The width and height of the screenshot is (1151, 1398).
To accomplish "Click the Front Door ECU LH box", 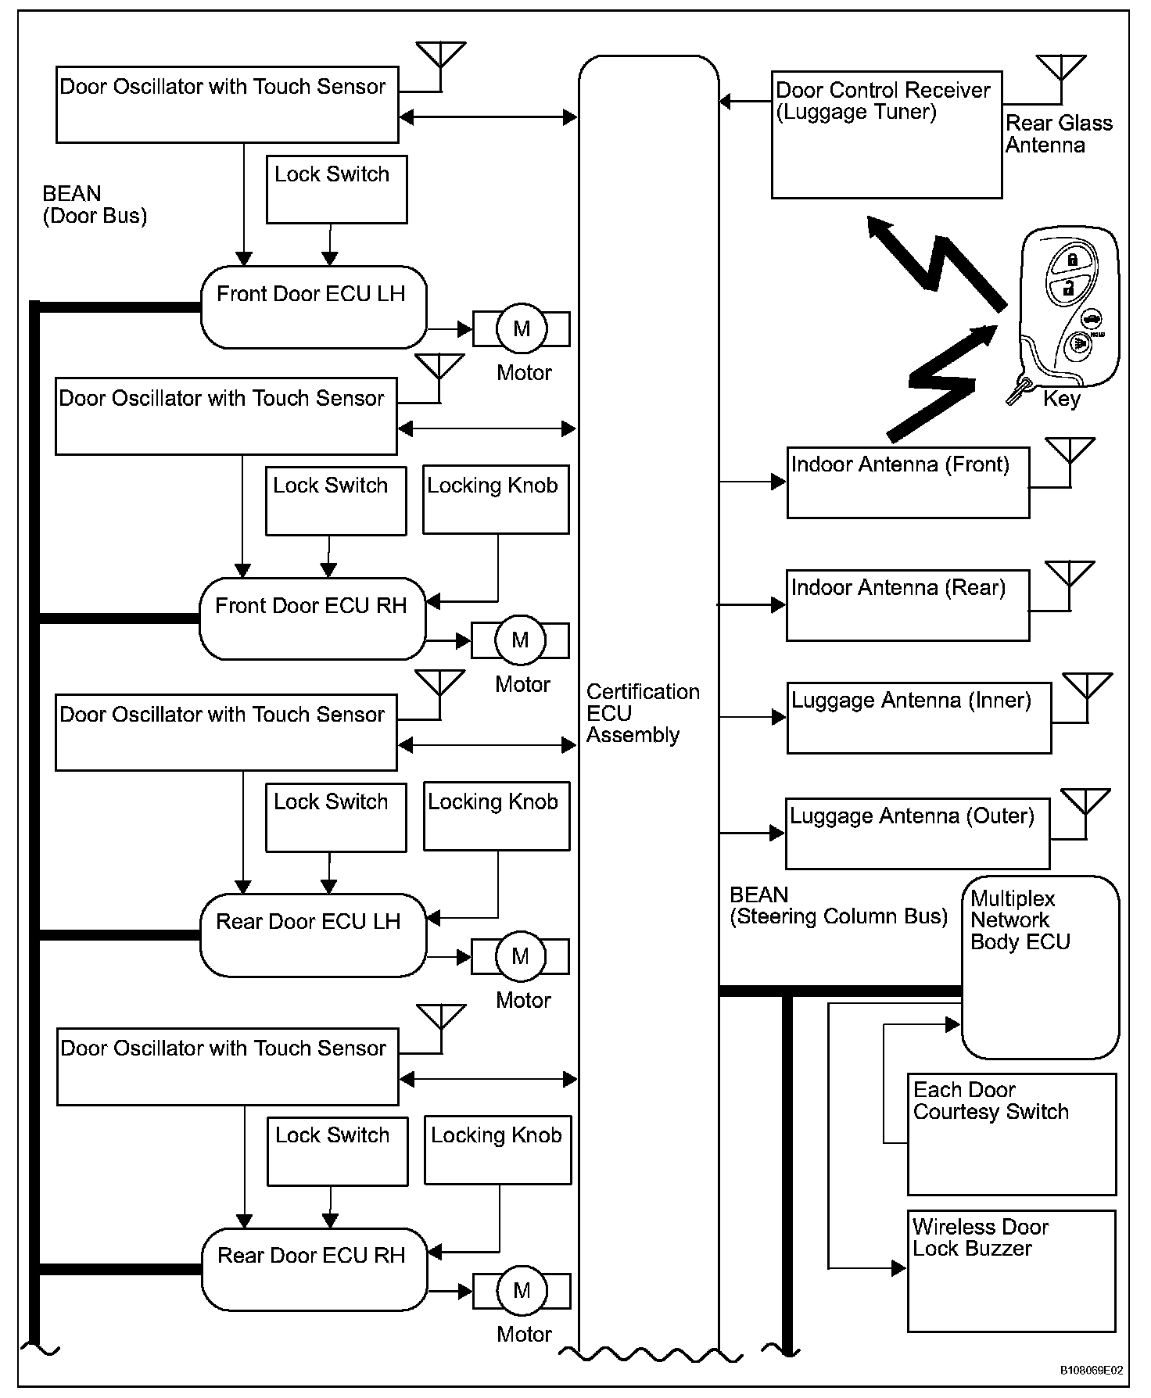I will pyautogui.click(x=314, y=307).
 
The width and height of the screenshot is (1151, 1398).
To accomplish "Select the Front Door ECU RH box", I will pyautogui.click(x=312, y=619).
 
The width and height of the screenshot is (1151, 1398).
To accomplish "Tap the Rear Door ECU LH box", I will pyautogui.click(x=313, y=935).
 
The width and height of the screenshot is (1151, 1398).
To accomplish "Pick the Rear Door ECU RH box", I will pyautogui.click(x=314, y=1269).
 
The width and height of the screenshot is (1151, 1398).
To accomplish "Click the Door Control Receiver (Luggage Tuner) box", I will pyautogui.click(x=886, y=135).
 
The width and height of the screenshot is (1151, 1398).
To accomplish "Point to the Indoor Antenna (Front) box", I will pyautogui.click(x=907, y=482).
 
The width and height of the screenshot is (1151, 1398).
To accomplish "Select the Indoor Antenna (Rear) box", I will pyautogui.click(x=907, y=605).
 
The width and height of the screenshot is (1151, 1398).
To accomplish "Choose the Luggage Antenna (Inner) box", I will pyautogui.click(x=918, y=718).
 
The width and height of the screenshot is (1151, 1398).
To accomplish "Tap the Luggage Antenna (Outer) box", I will pyautogui.click(x=916, y=833).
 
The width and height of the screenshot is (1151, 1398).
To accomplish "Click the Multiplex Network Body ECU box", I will pyautogui.click(x=1039, y=967).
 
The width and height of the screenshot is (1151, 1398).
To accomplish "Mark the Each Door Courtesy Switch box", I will pyautogui.click(x=1011, y=1135).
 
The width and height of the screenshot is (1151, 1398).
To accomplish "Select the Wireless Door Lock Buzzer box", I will pyautogui.click(x=1011, y=1271).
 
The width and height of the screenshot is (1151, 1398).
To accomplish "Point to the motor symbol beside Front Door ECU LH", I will pyautogui.click(x=521, y=329).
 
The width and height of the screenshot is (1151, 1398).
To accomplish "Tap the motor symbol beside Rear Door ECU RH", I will pyautogui.click(x=522, y=1291).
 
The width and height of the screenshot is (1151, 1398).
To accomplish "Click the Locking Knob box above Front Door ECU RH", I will pyautogui.click(x=496, y=500).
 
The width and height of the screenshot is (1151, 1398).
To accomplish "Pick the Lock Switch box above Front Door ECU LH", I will pyautogui.click(x=336, y=190).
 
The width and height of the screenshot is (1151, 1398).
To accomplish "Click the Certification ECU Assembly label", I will pyautogui.click(x=642, y=713).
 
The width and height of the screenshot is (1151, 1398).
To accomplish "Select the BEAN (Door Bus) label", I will pyautogui.click(x=95, y=205).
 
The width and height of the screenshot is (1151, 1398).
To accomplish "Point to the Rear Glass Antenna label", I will pyautogui.click(x=1058, y=134).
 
